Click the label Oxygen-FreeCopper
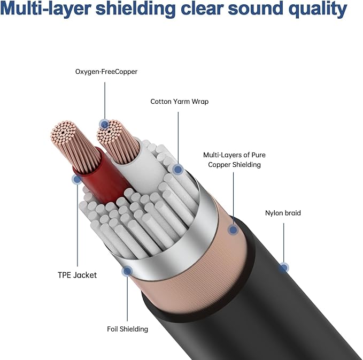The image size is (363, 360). [x=106, y=72]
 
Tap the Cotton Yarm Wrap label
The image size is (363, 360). [x=180, y=102]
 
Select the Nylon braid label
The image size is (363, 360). [x=283, y=213]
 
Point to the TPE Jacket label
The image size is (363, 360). [x=77, y=275]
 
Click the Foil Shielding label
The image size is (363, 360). [x=127, y=329]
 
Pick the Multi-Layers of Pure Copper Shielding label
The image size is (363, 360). [x=234, y=159]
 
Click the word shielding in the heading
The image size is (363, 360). [x=136, y=9]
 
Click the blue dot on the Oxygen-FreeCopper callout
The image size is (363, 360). [x=104, y=125]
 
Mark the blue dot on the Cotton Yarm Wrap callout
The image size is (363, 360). [x=178, y=170]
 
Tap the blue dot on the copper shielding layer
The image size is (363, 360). [x=233, y=229]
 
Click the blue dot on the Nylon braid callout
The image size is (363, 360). [x=283, y=268]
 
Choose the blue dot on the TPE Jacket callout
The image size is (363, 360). [x=77, y=179]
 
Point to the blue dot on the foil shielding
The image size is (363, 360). [x=127, y=271]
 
